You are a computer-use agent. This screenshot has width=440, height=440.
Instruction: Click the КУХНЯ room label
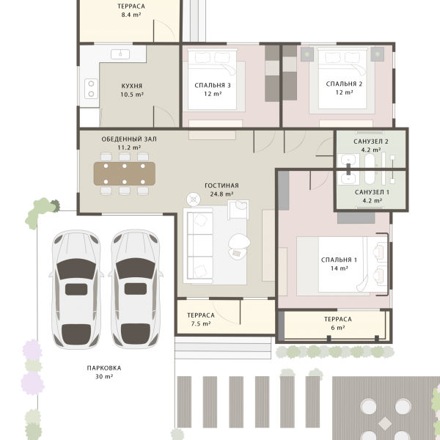(131, 86)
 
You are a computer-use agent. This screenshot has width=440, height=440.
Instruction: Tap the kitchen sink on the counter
(120, 54)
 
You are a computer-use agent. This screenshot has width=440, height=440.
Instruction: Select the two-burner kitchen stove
(91, 89)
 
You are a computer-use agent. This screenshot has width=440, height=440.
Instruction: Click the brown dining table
(125, 174)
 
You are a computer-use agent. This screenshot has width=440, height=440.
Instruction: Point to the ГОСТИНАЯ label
(221, 186)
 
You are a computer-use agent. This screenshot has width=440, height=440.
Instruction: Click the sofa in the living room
(198, 246)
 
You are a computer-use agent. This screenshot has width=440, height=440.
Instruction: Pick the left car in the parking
(76, 289)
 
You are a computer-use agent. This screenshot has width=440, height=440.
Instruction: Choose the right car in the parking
(136, 289)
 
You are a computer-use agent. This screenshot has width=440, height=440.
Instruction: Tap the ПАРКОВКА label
(104, 368)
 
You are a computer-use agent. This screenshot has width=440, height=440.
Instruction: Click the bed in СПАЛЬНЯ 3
(213, 79)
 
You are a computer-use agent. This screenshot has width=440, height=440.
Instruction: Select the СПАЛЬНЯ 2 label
(344, 84)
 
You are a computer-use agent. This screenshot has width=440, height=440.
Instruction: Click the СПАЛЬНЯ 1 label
(339, 260)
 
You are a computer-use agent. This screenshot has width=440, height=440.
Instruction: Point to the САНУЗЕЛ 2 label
(371, 142)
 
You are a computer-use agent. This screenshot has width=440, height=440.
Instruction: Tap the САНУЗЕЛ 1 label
(372, 192)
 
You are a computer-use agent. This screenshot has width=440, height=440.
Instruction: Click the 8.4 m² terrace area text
(131, 15)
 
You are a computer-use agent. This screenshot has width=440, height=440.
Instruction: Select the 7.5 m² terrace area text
(201, 324)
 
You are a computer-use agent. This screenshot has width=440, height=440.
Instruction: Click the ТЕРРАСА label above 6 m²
(338, 319)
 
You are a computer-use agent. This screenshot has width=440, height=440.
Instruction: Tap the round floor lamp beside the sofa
(194, 199)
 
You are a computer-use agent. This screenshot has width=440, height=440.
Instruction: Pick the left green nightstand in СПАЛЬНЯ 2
(307, 54)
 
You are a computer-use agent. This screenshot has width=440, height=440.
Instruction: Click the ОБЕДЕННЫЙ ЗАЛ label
(129, 139)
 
